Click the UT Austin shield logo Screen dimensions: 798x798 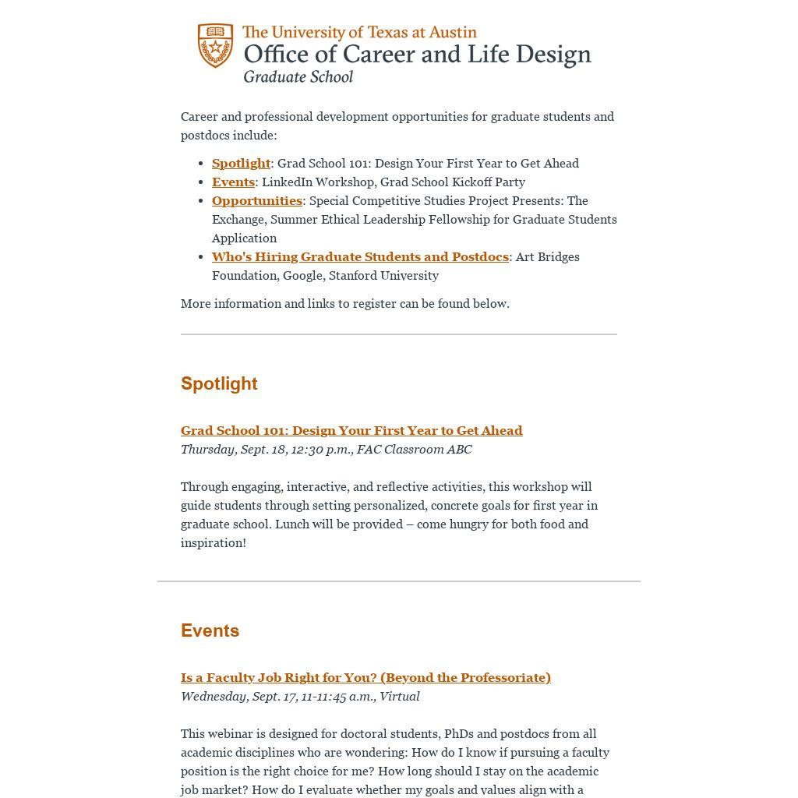(215, 45)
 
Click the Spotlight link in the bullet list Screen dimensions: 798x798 (241, 163)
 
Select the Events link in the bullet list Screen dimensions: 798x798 (233, 182)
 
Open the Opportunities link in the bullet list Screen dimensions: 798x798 (257, 200)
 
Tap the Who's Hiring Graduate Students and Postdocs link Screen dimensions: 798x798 (360, 256)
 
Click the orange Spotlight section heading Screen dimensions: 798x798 (219, 383)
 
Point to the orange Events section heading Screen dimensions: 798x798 (210, 630)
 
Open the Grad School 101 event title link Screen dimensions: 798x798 (351, 430)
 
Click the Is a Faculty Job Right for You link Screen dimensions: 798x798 (365, 677)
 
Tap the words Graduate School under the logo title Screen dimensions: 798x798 (298, 76)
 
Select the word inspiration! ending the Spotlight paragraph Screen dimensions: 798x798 (214, 542)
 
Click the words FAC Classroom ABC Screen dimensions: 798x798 (414, 449)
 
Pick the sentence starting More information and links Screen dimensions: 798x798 (345, 303)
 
